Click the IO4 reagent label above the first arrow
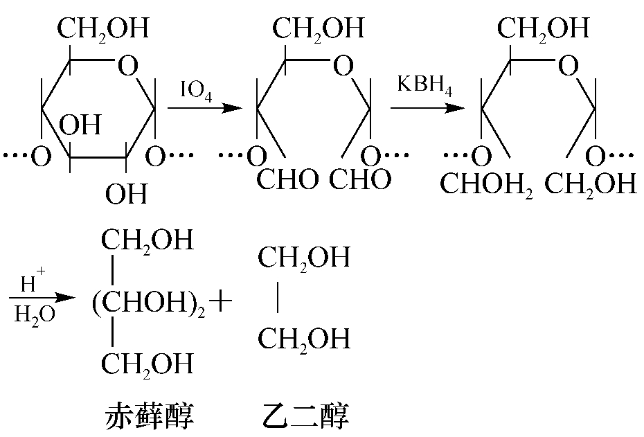pyautogui.click(x=197, y=90)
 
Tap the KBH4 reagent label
pyautogui.click(x=424, y=85)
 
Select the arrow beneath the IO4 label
pyautogui.click(x=205, y=109)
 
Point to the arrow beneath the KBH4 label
pyautogui.click(x=427, y=109)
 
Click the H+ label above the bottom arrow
pyautogui.click(x=33, y=281)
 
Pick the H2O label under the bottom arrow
pyautogui.click(x=35, y=315)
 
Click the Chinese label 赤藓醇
pyautogui.click(x=150, y=416)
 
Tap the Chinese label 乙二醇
pyautogui.click(x=305, y=416)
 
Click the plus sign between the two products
pyautogui.click(x=221, y=301)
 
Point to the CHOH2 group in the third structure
pyautogui.click(x=486, y=184)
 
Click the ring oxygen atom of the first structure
pyautogui.click(x=127, y=65)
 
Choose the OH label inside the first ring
pyautogui.click(x=80, y=125)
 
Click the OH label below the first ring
pyautogui.click(x=126, y=194)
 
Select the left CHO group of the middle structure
pyautogui.click(x=287, y=179)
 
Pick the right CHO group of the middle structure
pyautogui.click(x=360, y=179)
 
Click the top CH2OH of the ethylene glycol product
pyautogui.click(x=304, y=258)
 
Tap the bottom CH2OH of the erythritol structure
pyautogui.click(x=147, y=365)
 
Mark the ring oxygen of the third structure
pyautogui.click(x=569, y=65)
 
